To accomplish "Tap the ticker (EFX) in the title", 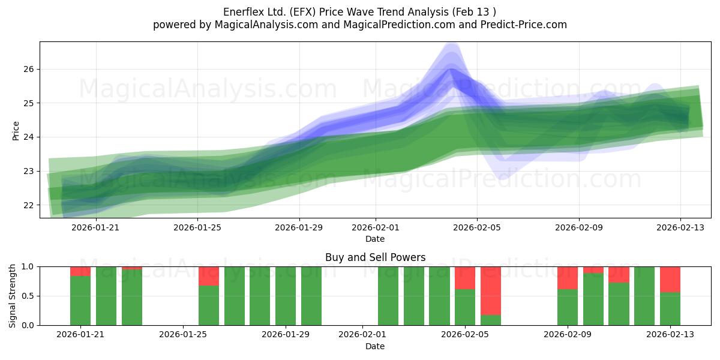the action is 302,12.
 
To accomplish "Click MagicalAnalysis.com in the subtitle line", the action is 266,25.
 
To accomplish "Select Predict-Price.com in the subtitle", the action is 524,25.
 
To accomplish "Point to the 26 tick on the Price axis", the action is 28,70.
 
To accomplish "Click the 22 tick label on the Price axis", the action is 28,205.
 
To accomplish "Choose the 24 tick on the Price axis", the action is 28,137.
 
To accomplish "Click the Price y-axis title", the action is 16,131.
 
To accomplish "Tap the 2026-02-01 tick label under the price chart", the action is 375,228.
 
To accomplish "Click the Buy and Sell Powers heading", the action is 375,257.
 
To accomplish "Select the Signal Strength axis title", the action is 12,296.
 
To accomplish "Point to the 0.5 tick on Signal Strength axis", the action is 28,296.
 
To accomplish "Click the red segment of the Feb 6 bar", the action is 491,291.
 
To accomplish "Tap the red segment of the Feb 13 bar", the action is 670,280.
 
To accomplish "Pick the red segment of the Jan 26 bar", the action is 209,277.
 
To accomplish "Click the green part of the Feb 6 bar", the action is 491,320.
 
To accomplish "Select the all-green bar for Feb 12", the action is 644,296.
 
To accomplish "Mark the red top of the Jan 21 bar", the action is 80,271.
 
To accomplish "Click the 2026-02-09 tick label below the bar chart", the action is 568,335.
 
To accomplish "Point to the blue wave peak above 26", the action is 452,45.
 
